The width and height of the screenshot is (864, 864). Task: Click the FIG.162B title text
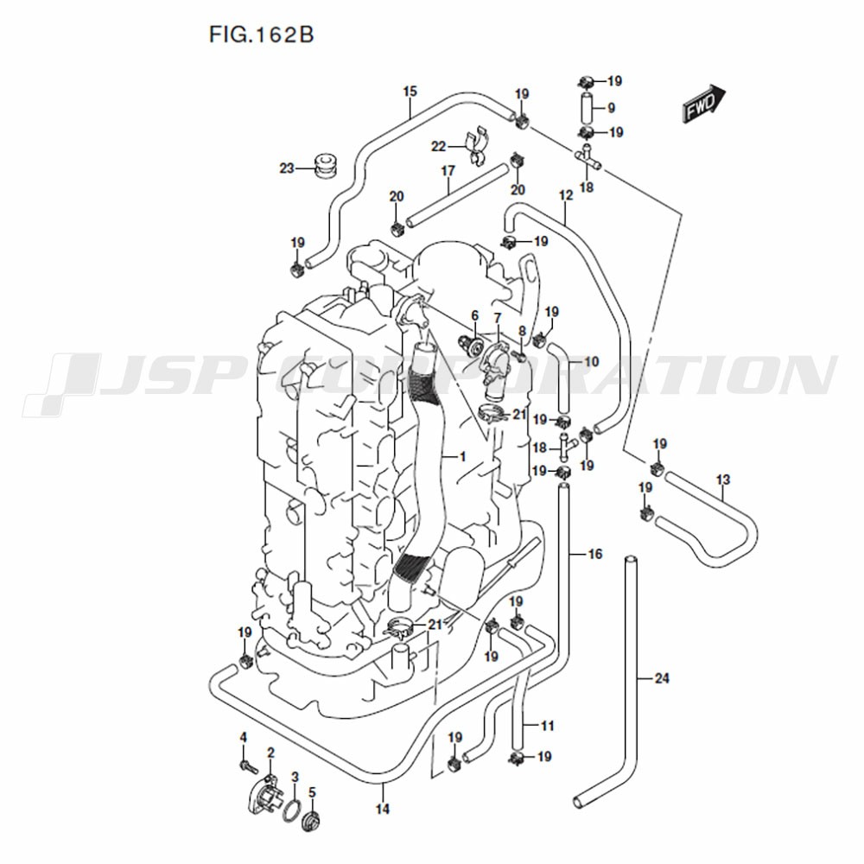coord(261,35)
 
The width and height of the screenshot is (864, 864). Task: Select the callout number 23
coord(287,168)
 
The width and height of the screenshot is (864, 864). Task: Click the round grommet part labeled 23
coord(327,167)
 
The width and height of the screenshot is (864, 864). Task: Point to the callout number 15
coord(410,92)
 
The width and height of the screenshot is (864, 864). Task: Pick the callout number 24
coord(662,677)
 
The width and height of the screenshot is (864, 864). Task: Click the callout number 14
coord(383,809)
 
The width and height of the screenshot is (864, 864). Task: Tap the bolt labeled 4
coord(250,765)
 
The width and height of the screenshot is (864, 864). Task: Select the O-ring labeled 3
coord(293,810)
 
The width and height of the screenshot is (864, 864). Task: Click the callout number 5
coord(312,792)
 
